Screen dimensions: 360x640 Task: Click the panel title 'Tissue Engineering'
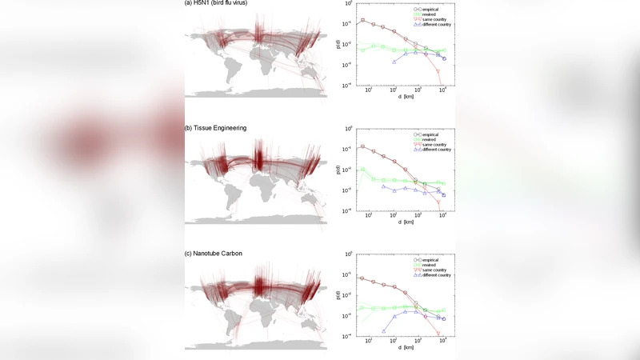pyautogui.click(x=218, y=128)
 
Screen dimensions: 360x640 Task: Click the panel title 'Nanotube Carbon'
pyautogui.click(x=216, y=254)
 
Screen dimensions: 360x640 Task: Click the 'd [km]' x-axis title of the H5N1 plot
pyautogui.click(x=406, y=98)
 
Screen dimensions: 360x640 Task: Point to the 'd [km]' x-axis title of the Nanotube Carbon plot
pyautogui.click(x=406, y=347)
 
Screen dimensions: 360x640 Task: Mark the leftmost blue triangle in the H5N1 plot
pyautogui.click(x=394, y=62)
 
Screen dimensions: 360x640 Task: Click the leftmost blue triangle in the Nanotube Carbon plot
pyautogui.click(x=384, y=331)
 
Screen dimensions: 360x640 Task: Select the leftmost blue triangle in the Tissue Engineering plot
pyautogui.click(x=384, y=186)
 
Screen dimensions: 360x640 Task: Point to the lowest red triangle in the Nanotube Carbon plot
pyautogui.click(x=438, y=333)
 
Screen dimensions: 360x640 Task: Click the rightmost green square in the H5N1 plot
pyautogui.click(x=444, y=51)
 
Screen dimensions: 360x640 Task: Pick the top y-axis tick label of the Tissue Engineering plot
pyautogui.click(x=348, y=128)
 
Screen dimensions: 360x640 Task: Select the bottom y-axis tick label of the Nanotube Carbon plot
pyautogui.click(x=348, y=336)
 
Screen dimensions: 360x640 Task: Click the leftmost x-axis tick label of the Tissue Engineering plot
pyautogui.click(x=369, y=216)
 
